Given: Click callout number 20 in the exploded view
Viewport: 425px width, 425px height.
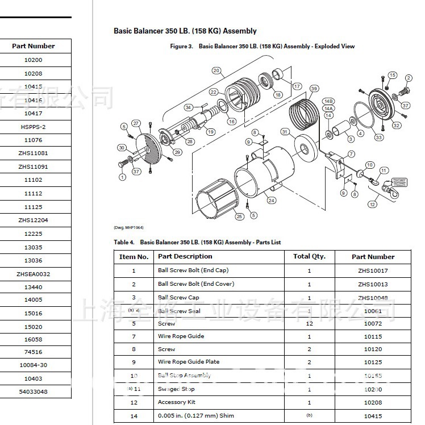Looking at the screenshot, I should pyautogui.click(x=216, y=70).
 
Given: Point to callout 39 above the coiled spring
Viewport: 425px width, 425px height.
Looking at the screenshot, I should pyautogui.click(x=314, y=88).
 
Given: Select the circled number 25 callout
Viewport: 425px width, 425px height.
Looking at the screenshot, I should pyautogui.click(x=239, y=216).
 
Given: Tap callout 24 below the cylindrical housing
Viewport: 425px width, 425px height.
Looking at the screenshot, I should pyautogui.click(x=272, y=201).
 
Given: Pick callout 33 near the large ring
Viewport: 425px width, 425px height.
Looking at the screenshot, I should pyautogui.click(x=378, y=137).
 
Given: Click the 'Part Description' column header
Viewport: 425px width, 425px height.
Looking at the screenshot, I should pyautogui.click(x=185, y=256).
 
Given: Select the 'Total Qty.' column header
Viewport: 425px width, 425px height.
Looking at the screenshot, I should pyautogui.click(x=309, y=256).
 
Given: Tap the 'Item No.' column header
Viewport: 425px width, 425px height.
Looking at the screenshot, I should pyautogui.click(x=134, y=257).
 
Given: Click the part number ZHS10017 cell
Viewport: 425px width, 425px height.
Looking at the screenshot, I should pyautogui.click(x=373, y=271).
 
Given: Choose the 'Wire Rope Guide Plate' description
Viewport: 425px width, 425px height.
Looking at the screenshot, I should pyautogui.click(x=188, y=362).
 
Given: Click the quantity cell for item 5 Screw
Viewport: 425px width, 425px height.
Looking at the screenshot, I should pyautogui.click(x=309, y=323).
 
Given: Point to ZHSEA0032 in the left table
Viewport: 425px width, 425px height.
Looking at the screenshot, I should pyautogui.click(x=33, y=274).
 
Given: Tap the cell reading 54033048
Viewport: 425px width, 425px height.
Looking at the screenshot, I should pyautogui.click(x=33, y=392).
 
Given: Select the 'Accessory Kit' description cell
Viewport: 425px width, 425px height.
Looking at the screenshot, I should pyautogui.click(x=176, y=402).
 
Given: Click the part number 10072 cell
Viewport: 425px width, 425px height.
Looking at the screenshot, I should pyautogui.click(x=373, y=323).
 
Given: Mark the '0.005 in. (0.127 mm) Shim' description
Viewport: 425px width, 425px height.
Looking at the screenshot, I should pyautogui.click(x=195, y=416).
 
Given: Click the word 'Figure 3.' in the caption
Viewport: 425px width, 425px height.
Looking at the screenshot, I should pyautogui.click(x=182, y=46).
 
